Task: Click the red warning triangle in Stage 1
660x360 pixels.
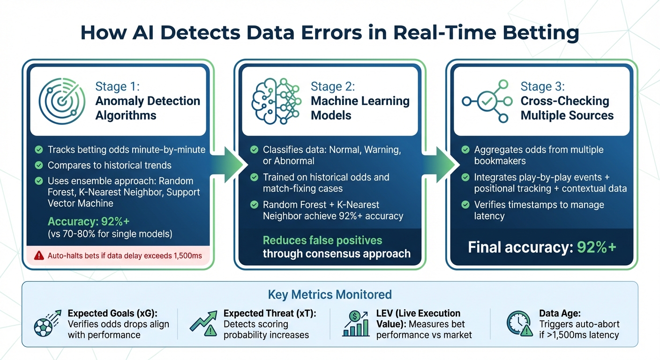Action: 39,256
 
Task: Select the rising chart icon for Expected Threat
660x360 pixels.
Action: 203,323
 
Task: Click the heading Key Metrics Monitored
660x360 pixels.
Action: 330,294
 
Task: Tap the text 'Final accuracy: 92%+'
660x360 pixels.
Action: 542,247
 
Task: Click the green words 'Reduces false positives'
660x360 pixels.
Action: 322,240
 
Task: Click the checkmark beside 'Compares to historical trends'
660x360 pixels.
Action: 39,165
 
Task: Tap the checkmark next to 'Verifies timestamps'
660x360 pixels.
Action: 465,205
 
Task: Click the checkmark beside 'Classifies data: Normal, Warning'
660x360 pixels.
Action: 254,150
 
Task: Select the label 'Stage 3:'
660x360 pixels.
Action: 542,86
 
